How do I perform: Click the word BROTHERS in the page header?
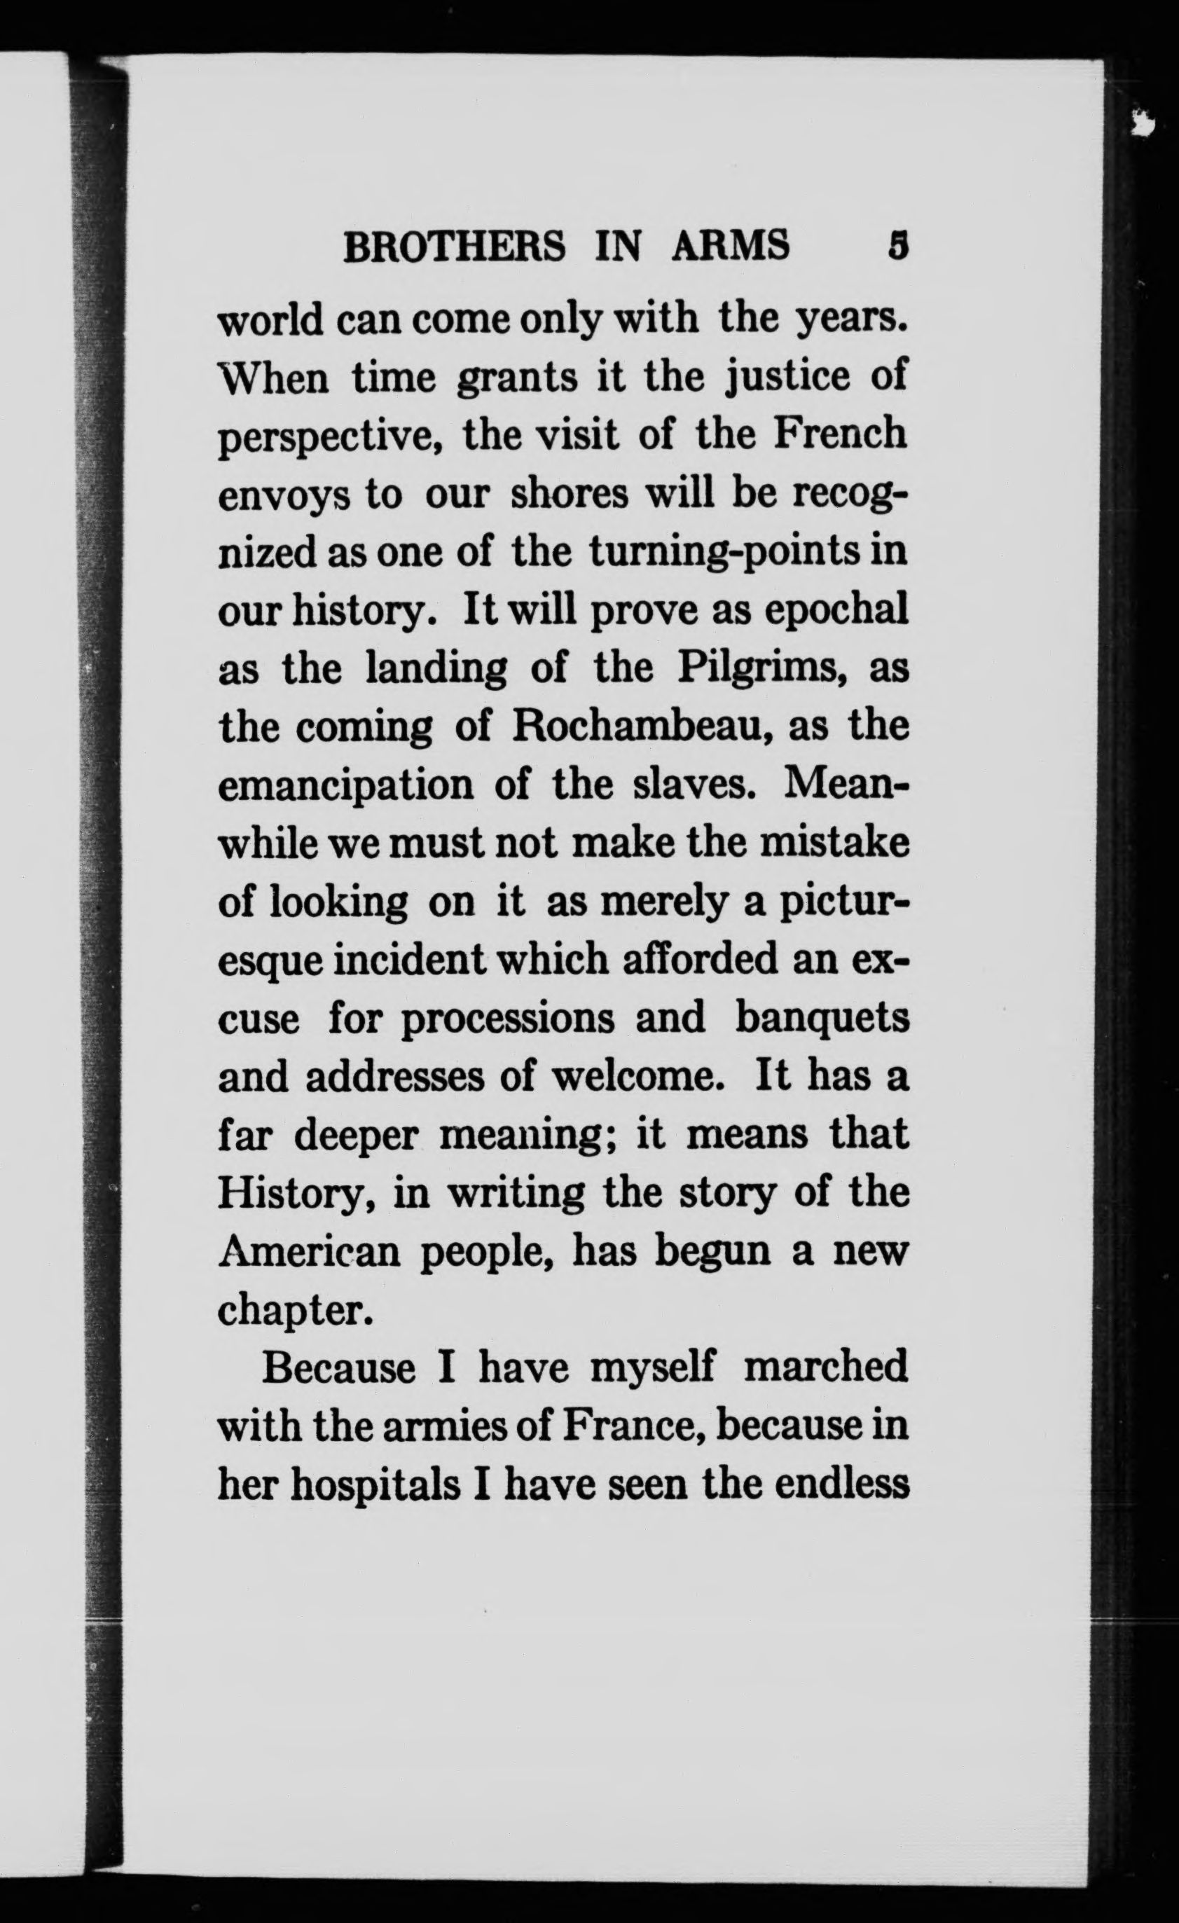pos(455,247)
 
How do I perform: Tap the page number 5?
pos(898,247)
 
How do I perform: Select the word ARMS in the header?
pos(731,247)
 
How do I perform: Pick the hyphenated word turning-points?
pos(724,552)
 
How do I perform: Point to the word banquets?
pos(822,1020)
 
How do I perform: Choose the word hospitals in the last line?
pos(375,1486)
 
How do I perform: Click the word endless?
pos(842,1486)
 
